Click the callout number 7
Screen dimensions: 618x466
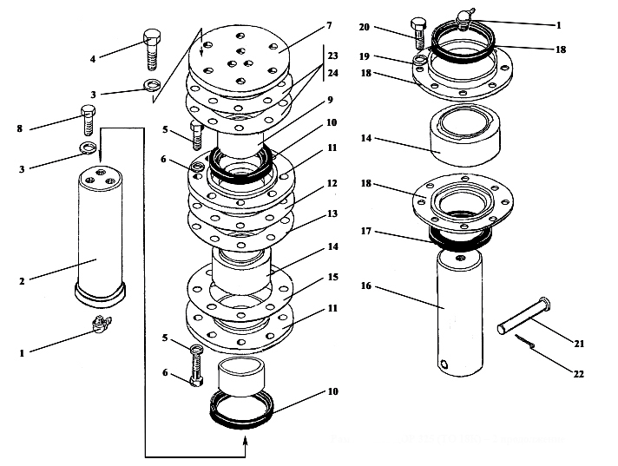(329, 26)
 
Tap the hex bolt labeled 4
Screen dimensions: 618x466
(152, 49)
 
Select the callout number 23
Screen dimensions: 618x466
(332, 56)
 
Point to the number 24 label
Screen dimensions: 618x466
(332, 73)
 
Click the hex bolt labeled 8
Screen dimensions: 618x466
(89, 120)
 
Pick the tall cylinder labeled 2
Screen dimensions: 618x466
(100, 236)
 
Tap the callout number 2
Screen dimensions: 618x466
(22, 281)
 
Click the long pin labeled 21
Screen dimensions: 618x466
(524, 315)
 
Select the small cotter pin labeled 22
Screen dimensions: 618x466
(524, 341)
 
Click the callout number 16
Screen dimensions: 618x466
(366, 286)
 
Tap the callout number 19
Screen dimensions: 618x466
(365, 56)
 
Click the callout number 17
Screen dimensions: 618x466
(366, 231)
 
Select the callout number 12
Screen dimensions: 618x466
(332, 184)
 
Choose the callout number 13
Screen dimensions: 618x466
(332, 213)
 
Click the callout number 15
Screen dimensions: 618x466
(333, 278)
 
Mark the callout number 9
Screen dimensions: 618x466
(331, 100)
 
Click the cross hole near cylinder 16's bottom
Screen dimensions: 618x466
(444, 364)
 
